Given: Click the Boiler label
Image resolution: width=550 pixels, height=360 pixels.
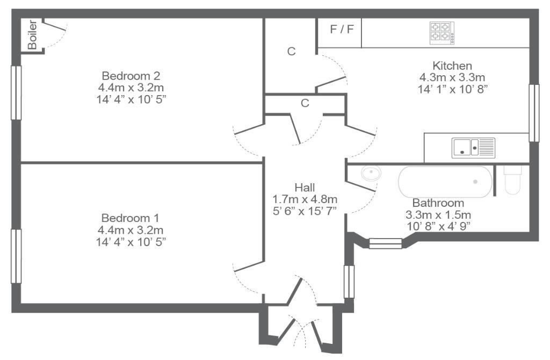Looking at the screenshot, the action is [32, 35].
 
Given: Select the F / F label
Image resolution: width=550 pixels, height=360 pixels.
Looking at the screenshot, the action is [342, 29].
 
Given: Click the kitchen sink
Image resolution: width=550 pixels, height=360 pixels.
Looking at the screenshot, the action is [473, 148].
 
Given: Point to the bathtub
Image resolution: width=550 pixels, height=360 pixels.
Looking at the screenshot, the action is [445, 182].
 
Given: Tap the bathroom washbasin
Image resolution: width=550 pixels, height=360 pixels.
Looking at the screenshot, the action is [371, 174].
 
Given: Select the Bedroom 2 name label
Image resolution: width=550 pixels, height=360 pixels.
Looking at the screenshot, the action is [131, 75].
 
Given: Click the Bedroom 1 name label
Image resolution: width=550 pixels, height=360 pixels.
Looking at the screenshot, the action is [130, 218].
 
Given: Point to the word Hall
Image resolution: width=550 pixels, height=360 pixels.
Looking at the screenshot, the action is [305, 188].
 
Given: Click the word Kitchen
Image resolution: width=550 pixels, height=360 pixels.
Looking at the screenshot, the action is [452, 66].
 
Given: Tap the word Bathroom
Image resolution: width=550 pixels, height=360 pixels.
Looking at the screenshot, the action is [438, 203].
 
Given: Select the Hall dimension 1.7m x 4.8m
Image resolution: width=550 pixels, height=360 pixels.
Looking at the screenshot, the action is [305, 199].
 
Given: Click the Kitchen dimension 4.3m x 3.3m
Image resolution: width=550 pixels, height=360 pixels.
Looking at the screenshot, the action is [452, 77].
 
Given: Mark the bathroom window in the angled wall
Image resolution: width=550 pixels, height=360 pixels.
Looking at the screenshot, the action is [386, 243].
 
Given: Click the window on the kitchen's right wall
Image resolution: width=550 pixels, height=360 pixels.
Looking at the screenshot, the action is [534, 113].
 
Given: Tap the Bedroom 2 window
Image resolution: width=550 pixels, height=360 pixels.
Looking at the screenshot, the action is [16, 92].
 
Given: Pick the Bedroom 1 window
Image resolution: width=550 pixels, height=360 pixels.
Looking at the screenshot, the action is [16, 256].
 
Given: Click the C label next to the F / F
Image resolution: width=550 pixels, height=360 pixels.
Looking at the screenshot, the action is [291, 51].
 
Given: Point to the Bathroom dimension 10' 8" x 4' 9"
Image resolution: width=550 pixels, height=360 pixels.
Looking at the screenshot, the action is [438, 226].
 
